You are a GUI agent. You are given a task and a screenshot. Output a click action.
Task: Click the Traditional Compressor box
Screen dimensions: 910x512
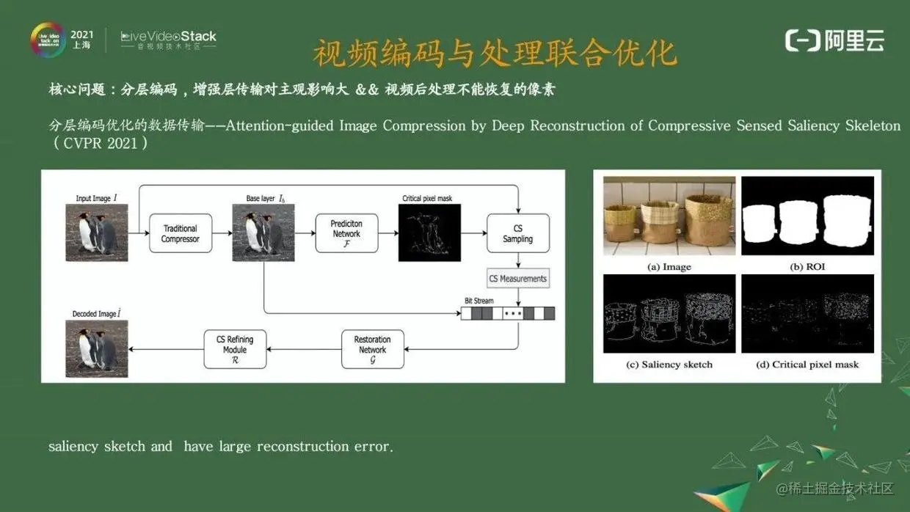pos(180,233)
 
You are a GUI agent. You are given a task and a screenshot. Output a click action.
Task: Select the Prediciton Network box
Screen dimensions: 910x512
pos(346,233)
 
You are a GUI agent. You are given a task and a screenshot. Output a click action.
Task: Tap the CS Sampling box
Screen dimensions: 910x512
pos(517,233)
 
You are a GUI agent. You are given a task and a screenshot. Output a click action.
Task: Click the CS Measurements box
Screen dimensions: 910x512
pos(518,279)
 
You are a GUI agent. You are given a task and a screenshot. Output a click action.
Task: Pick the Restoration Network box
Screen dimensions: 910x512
pos(372,349)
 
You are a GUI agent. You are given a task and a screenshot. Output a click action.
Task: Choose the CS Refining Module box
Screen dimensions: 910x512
pos(235,349)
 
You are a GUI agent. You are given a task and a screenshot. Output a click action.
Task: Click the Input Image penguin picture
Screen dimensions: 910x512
pos(97,233)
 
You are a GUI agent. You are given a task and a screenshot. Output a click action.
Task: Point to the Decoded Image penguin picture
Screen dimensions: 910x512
pos(97,348)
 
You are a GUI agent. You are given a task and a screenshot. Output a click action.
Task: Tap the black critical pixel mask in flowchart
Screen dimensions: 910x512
pos(429,233)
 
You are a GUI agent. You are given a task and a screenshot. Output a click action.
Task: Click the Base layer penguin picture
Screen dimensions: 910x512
pos(263,233)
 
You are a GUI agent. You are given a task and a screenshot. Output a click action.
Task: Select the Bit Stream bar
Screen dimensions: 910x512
pos(507,313)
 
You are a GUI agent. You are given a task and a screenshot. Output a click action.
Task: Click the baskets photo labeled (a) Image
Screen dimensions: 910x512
pos(669,216)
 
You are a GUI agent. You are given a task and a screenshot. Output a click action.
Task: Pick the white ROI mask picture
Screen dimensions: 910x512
pos(807,216)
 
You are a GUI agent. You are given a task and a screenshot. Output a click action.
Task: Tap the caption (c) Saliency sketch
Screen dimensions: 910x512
pos(669,365)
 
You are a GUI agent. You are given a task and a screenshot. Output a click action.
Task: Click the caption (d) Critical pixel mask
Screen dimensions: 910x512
pos(807,365)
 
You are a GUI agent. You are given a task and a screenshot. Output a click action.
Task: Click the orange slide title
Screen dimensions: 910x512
pos(494,54)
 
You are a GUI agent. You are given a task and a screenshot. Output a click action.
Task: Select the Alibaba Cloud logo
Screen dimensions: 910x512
pos(834,41)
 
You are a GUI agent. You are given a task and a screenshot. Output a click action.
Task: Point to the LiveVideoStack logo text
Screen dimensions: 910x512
pos(169,37)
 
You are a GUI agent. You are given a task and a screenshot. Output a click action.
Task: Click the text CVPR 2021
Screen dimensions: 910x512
pos(101,144)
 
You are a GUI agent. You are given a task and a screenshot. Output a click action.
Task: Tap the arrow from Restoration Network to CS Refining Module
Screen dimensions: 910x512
pos(304,349)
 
